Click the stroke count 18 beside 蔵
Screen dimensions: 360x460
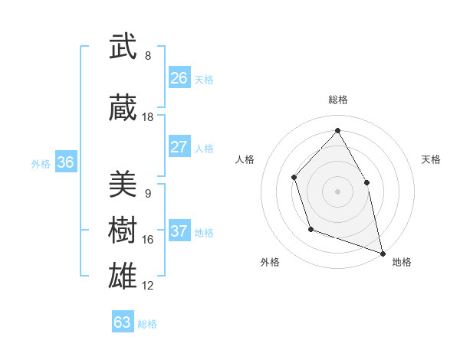[148, 117]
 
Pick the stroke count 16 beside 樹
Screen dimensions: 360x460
[148, 240]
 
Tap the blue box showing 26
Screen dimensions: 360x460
[179, 78]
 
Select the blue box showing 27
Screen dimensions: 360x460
[179, 147]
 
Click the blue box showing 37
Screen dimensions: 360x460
[179, 231]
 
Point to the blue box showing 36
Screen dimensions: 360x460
[65, 162]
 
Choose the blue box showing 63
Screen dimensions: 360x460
[123, 322]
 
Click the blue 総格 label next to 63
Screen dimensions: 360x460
[147, 324]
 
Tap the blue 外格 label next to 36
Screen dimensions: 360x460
[41, 163]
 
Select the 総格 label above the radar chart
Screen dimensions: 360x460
[338, 100]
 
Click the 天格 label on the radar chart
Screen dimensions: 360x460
[432, 159]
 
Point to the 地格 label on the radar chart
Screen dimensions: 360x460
[402, 262]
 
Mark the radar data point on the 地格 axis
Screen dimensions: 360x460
[382, 252]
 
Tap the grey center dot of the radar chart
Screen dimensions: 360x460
[338, 191]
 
